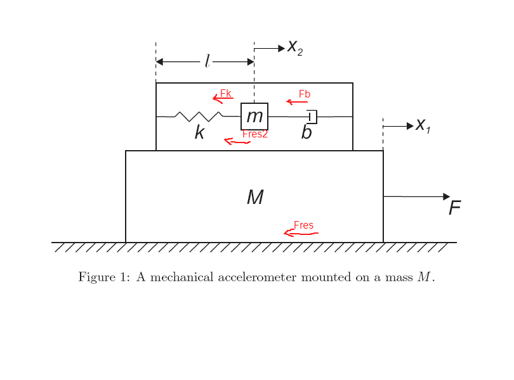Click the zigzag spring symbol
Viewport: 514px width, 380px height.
tap(199, 116)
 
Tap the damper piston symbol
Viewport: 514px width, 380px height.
tap(312, 117)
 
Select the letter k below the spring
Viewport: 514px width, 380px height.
tap(200, 132)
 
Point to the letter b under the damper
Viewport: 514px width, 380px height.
tap(306, 132)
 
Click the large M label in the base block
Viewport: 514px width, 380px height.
tap(255, 197)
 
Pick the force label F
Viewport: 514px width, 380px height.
tap(454, 208)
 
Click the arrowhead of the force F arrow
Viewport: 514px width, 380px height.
tap(447, 196)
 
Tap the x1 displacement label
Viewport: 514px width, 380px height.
tap(423, 125)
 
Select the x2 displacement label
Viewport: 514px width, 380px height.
tap(295, 47)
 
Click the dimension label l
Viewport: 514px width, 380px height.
tap(207, 61)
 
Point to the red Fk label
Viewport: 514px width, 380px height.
tap(225, 93)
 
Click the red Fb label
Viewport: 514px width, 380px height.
tap(305, 94)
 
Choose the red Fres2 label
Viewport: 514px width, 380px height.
tap(255, 134)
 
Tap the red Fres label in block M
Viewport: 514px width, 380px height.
tap(303, 225)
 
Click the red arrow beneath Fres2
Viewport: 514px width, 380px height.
tap(237, 142)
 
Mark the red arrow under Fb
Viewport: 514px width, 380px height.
tap(297, 102)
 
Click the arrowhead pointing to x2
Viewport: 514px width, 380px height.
tap(281, 48)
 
